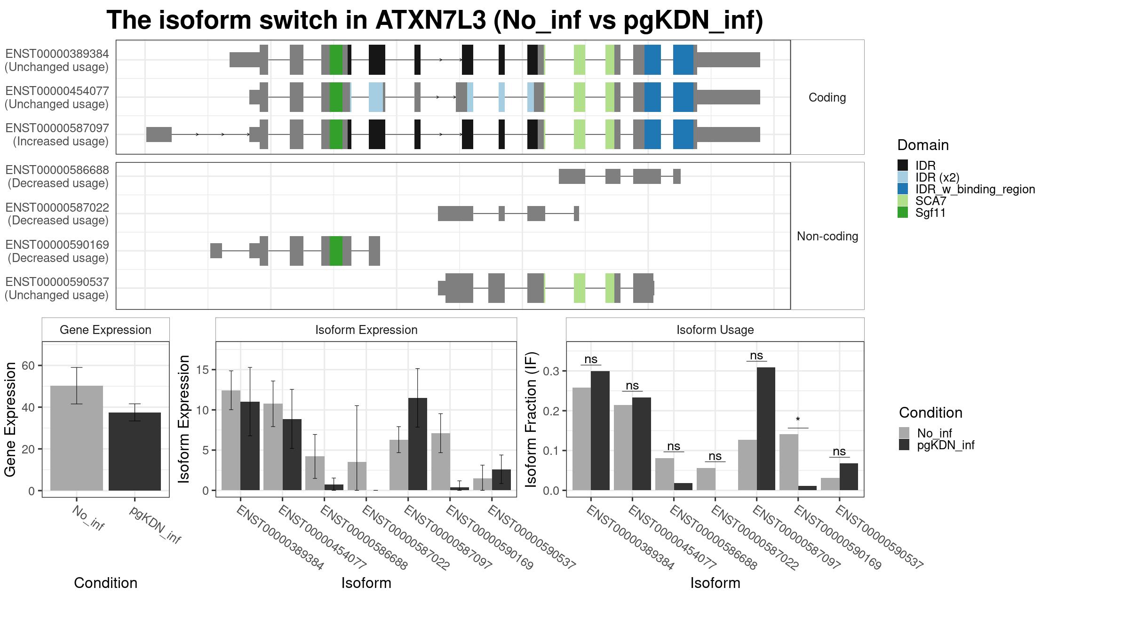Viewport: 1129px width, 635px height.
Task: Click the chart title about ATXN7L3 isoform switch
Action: coord(435,20)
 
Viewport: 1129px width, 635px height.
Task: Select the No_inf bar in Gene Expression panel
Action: coord(77,438)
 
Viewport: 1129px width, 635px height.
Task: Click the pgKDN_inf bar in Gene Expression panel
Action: coord(135,452)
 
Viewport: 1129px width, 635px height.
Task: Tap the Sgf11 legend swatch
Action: coord(903,213)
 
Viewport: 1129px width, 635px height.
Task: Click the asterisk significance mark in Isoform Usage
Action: coord(798,420)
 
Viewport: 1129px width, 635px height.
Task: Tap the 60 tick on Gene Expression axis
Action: coord(28,365)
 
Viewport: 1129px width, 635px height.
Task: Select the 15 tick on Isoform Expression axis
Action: coord(202,370)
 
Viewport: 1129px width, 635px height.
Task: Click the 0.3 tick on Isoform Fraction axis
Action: coord(551,371)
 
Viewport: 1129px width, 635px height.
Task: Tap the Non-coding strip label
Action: coord(827,236)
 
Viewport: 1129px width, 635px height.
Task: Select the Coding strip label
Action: coord(827,97)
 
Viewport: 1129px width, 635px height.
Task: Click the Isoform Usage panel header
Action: coord(715,330)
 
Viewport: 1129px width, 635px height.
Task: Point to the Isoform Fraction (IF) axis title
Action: coord(531,420)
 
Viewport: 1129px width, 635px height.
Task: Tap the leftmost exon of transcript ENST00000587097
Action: coord(159,135)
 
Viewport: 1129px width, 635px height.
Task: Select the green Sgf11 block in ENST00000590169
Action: coord(336,251)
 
